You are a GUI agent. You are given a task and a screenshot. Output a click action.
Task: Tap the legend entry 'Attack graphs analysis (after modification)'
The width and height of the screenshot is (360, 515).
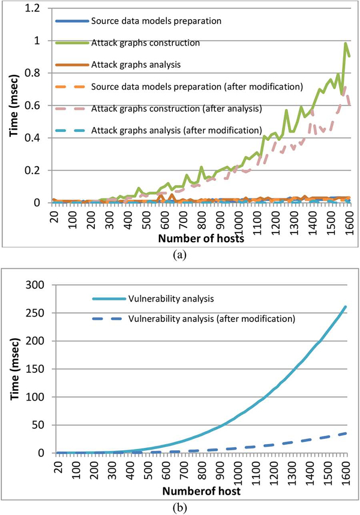point(176,130)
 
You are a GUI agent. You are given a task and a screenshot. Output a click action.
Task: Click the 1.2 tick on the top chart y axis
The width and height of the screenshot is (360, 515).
point(35,8)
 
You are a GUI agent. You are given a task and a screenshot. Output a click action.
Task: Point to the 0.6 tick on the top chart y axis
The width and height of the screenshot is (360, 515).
point(35,106)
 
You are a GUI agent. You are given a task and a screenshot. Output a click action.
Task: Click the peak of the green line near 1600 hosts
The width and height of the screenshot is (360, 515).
point(346,43)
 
